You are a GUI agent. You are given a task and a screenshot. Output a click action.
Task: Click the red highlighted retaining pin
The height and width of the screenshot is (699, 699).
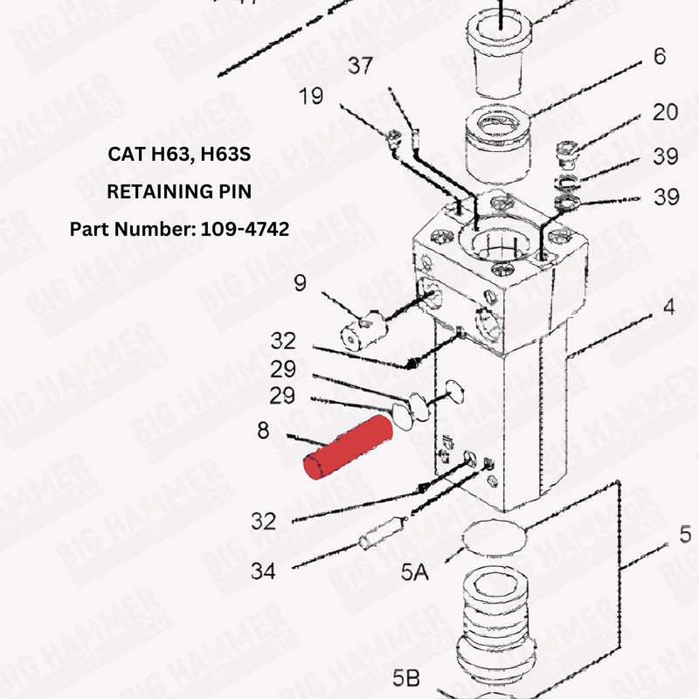coord(347,448)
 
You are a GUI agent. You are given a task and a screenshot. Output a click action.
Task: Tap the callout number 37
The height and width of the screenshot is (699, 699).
coord(362,66)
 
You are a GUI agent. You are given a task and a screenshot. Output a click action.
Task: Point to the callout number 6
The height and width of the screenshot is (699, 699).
coord(659,57)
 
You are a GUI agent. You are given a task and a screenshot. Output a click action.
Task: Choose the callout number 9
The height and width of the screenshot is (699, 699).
coord(300,282)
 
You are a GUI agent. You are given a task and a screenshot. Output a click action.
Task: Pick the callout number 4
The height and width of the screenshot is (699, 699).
coord(668,307)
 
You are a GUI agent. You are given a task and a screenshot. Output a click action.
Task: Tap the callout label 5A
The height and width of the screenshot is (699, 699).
coord(414,572)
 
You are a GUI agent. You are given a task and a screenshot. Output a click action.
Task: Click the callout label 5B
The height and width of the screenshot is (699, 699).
coord(405,677)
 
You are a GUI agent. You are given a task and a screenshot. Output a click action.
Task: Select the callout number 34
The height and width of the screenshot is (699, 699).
coord(263,571)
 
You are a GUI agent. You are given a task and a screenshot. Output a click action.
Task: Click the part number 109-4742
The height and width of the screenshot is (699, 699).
coord(234,229)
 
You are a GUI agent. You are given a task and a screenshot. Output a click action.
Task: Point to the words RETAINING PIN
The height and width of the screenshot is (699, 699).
coord(179,191)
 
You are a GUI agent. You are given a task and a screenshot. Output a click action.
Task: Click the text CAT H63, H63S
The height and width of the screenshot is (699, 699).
coord(179,155)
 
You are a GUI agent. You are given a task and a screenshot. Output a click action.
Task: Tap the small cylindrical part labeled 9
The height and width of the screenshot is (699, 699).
coord(360,330)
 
